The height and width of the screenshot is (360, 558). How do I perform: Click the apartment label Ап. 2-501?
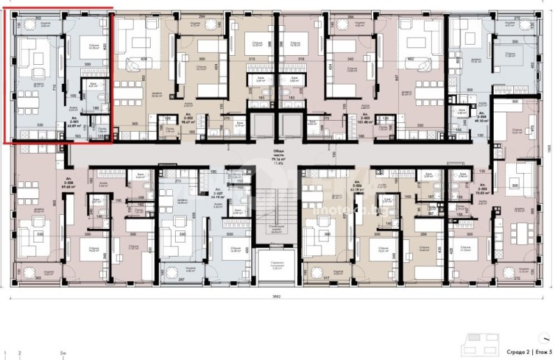(74, 119)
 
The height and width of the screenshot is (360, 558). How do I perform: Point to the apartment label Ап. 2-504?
(477, 116)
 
